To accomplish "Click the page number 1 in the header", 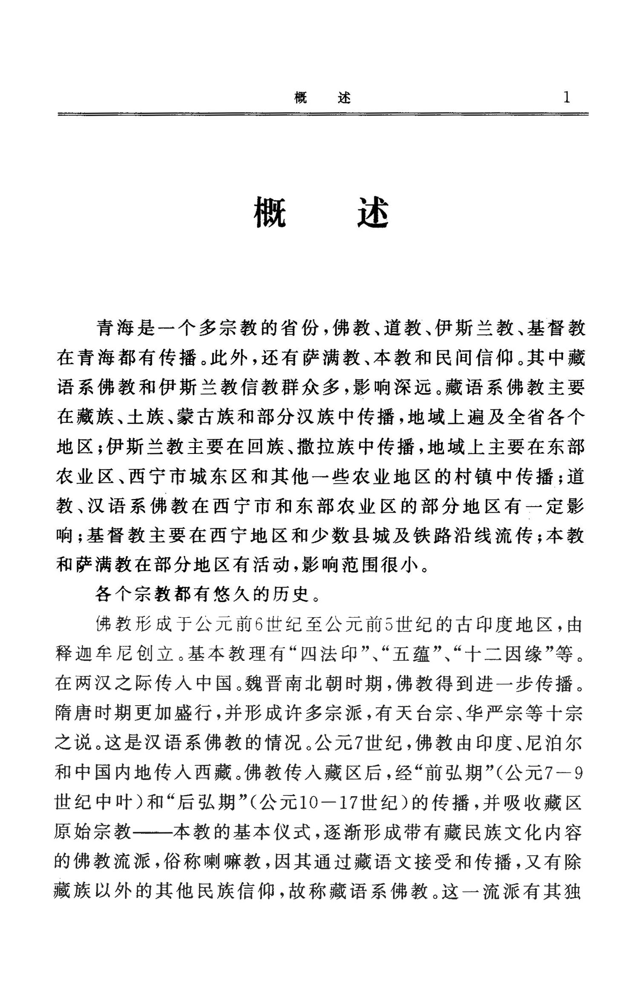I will (x=566, y=98).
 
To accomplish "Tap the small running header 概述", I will (x=322, y=98).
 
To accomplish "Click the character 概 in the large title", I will (x=270, y=213).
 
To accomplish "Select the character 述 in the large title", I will (x=373, y=213).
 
